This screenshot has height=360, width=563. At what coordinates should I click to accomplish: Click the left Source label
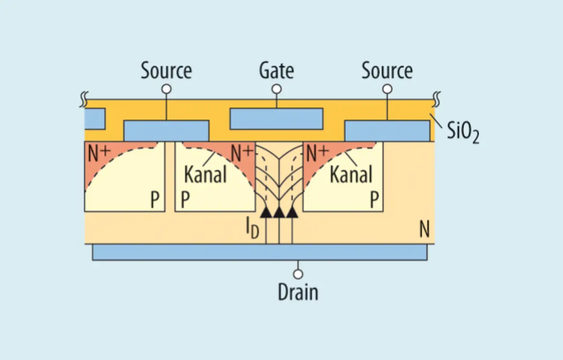pyautogui.click(x=166, y=70)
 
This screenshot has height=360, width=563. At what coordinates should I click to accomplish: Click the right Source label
pyautogui.click(x=387, y=70)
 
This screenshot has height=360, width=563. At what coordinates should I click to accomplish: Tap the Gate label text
pyautogui.click(x=277, y=70)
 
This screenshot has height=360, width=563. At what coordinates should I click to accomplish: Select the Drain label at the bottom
pyautogui.click(x=298, y=292)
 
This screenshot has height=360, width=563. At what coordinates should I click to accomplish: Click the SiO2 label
pyautogui.click(x=463, y=132)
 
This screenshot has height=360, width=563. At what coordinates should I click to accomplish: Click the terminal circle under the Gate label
pyautogui.click(x=277, y=89)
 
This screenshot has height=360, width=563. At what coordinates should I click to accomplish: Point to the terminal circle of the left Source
pyautogui.click(x=166, y=89)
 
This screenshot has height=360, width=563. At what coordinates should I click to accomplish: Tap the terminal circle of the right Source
pyautogui.click(x=387, y=89)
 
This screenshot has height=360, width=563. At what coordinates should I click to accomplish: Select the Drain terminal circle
pyautogui.click(x=298, y=274)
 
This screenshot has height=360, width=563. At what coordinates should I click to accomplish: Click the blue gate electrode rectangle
pyautogui.click(x=277, y=119)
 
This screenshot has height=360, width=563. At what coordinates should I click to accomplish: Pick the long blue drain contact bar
pyautogui.click(x=260, y=252)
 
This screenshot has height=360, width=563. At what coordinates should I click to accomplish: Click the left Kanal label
pyautogui.click(x=205, y=174)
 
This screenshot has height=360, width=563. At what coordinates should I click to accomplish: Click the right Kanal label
pyautogui.click(x=351, y=174)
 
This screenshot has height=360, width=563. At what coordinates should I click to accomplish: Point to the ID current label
pyautogui.click(x=252, y=228)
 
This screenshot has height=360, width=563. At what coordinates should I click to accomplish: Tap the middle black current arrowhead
pyautogui.click(x=279, y=212)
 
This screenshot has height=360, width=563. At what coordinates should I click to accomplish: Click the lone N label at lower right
pyautogui.click(x=424, y=229)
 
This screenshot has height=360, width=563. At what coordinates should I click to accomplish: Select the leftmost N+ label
pyautogui.click(x=99, y=154)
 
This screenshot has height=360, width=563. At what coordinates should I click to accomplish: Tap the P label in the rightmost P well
pyautogui.click(x=374, y=200)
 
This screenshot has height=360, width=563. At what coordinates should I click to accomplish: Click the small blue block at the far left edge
pyautogui.click(x=95, y=119)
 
